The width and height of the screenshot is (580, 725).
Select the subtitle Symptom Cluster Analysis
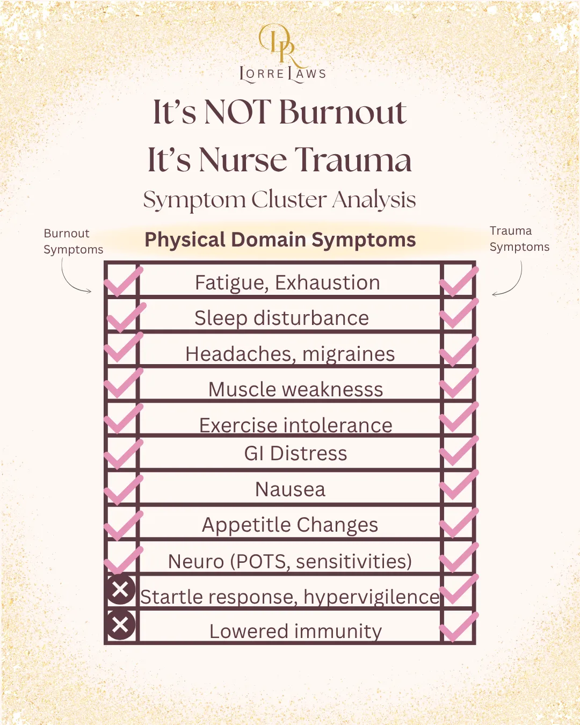click(279, 200)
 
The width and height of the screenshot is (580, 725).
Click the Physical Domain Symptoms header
click(280, 240)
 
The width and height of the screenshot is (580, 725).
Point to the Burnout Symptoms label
click(73, 241)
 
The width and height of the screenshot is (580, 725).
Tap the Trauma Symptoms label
click(519, 238)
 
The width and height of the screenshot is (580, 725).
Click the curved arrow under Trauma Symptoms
click(510, 280)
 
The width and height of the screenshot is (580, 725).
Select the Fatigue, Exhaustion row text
click(287, 282)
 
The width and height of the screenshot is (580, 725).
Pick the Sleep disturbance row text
click(281, 318)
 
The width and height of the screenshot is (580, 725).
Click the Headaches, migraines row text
click(290, 354)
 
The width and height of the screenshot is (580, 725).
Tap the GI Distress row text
click(295, 453)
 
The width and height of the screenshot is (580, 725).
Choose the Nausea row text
click(290, 489)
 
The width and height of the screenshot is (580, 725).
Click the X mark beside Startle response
click(120, 590)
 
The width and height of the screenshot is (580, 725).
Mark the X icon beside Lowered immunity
click(120, 625)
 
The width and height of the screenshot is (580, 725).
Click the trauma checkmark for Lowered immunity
click(458, 626)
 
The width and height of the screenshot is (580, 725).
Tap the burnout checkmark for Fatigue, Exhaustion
click(124, 281)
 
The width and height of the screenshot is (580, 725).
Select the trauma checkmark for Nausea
click(458, 485)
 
